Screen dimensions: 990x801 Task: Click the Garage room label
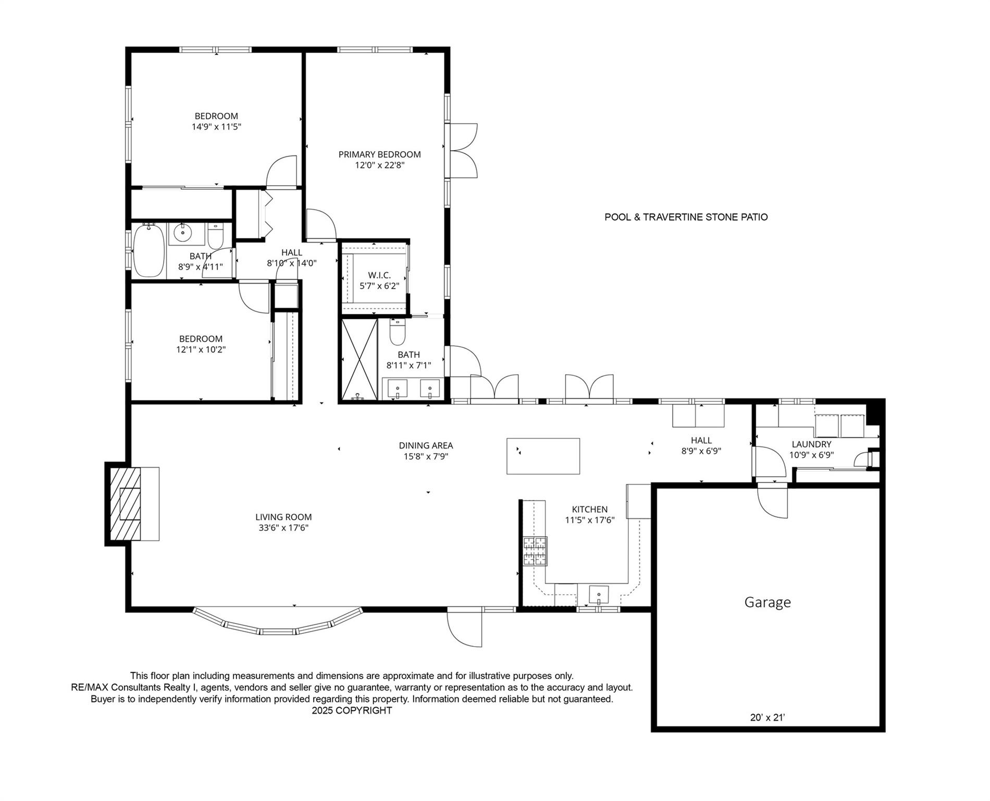tap(767, 602)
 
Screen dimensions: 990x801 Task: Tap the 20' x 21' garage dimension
tap(767, 718)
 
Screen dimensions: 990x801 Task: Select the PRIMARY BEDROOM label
tap(379, 154)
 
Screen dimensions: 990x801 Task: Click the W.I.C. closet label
tap(379, 275)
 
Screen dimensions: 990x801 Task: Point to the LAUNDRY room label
tap(811, 444)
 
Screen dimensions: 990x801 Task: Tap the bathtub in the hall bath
tap(150, 251)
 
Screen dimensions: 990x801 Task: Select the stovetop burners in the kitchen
tap(535, 552)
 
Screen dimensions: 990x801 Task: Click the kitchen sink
tap(599, 594)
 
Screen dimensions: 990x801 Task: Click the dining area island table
tap(543, 456)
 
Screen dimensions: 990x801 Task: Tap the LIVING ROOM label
tap(283, 517)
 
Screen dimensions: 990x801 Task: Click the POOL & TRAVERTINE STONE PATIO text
tap(686, 217)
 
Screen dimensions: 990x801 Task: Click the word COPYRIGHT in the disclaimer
tap(364, 710)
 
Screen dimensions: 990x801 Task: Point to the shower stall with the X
tap(359, 359)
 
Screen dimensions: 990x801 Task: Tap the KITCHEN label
tap(590, 509)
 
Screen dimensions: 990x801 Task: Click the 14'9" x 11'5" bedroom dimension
tap(216, 127)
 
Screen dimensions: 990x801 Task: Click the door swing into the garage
tap(772, 501)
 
